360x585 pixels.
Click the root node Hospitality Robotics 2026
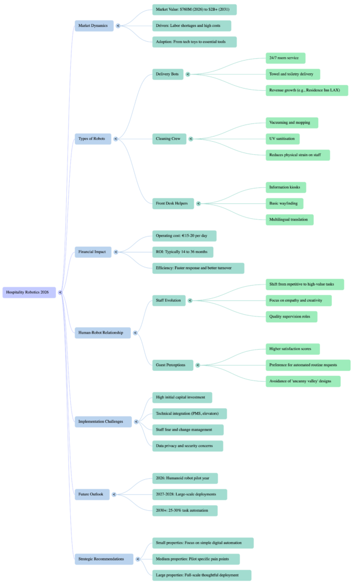pyautogui.click(x=29, y=292)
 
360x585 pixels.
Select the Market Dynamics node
pyautogui.click(x=93, y=25)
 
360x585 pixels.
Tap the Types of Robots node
pyautogui.click(x=93, y=138)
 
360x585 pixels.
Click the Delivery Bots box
pyautogui.click(x=169, y=74)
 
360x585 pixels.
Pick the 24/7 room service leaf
pyautogui.click(x=285, y=58)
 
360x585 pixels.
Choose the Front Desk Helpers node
pyautogui.click(x=173, y=203)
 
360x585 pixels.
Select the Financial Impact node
pyautogui.click(x=94, y=252)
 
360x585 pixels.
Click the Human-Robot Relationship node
pyautogui.click(x=102, y=332)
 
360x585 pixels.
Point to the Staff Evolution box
pyautogui.click(x=169, y=300)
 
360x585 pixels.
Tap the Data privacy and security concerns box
pyautogui.click(x=187, y=446)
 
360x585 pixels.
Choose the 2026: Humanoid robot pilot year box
pyautogui.click(x=185, y=478)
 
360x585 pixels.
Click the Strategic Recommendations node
pyautogui.click(x=103, y=559)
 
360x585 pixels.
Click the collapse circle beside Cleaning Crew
pyautogui.click(x=191, y=138)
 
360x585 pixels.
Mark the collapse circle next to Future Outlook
pyautogui.click(x=114, y=494)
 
